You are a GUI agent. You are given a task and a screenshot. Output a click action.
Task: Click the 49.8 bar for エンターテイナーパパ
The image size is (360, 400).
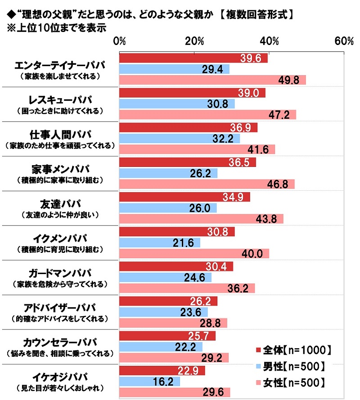click(x=212, y=80)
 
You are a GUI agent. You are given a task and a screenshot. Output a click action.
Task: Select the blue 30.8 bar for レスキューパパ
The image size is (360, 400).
click(x=177, y=103)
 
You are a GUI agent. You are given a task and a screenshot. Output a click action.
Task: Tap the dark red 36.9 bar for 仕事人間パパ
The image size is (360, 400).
click(x=188, y=128)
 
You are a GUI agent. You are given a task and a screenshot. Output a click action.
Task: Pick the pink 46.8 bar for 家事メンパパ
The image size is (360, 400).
click(x=207, y=184)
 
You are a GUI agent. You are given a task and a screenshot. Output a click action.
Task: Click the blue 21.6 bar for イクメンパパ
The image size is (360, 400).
click(x=159, y=243)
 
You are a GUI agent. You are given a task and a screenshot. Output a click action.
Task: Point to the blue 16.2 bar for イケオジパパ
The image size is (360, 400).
click(x=149, y=381)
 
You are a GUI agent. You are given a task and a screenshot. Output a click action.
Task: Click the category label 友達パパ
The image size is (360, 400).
click(x=60, y=203)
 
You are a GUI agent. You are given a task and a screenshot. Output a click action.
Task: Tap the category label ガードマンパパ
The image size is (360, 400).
click(x=60, y=273)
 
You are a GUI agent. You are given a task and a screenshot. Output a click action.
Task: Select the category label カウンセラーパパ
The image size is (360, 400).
click(x=60, y=342)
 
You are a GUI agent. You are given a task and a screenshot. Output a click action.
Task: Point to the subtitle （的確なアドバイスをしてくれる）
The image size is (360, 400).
click(x=60, y=319)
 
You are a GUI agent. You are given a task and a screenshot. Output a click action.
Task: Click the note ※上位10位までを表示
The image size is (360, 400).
click(x=54, y=26)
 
